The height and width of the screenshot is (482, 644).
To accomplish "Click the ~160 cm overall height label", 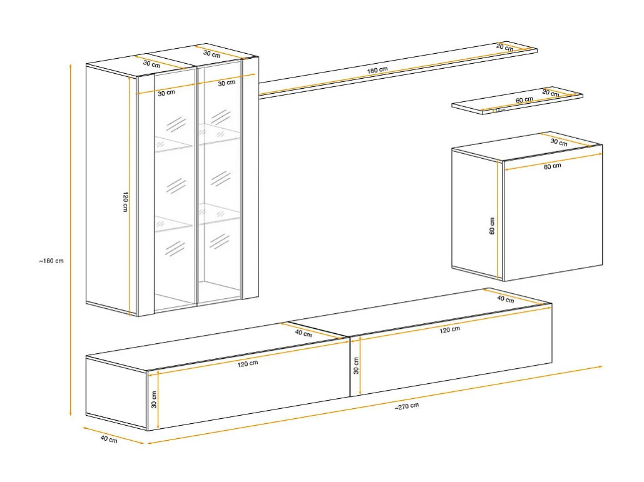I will coord(51,261).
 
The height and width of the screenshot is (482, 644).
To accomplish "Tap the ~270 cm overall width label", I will coord(407,406).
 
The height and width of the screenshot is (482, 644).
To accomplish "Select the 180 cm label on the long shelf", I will coord(377,70).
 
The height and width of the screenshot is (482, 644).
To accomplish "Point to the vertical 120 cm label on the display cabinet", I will coord(125,201).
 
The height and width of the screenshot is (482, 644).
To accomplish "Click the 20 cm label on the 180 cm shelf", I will coord(504,48).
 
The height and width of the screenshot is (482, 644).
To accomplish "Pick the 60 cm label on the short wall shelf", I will coord(524,100).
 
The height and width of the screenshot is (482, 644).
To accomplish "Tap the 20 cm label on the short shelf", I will coord(550,93).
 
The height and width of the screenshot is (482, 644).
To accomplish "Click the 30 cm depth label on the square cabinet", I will coord(558,143).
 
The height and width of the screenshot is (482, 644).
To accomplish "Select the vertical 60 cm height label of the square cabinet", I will coord(492,226).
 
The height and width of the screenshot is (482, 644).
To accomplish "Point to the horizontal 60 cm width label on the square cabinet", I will coord(553,166).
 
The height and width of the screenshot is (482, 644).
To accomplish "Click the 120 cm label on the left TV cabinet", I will coord(247,363).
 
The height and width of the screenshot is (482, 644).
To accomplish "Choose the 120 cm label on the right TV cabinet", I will coord(450,329).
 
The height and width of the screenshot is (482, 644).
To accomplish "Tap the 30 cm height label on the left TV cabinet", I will coord(153,399).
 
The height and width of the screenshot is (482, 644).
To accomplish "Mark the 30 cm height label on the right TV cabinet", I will coord(355,365).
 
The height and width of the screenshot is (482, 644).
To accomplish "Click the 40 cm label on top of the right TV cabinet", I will coord(505,299).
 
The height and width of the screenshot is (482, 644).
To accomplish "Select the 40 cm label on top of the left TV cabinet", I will coord(303,334).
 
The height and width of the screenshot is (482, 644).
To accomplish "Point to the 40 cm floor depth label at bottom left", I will coord(108,439).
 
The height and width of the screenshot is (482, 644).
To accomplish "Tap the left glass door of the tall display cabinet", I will coord(174,194).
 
